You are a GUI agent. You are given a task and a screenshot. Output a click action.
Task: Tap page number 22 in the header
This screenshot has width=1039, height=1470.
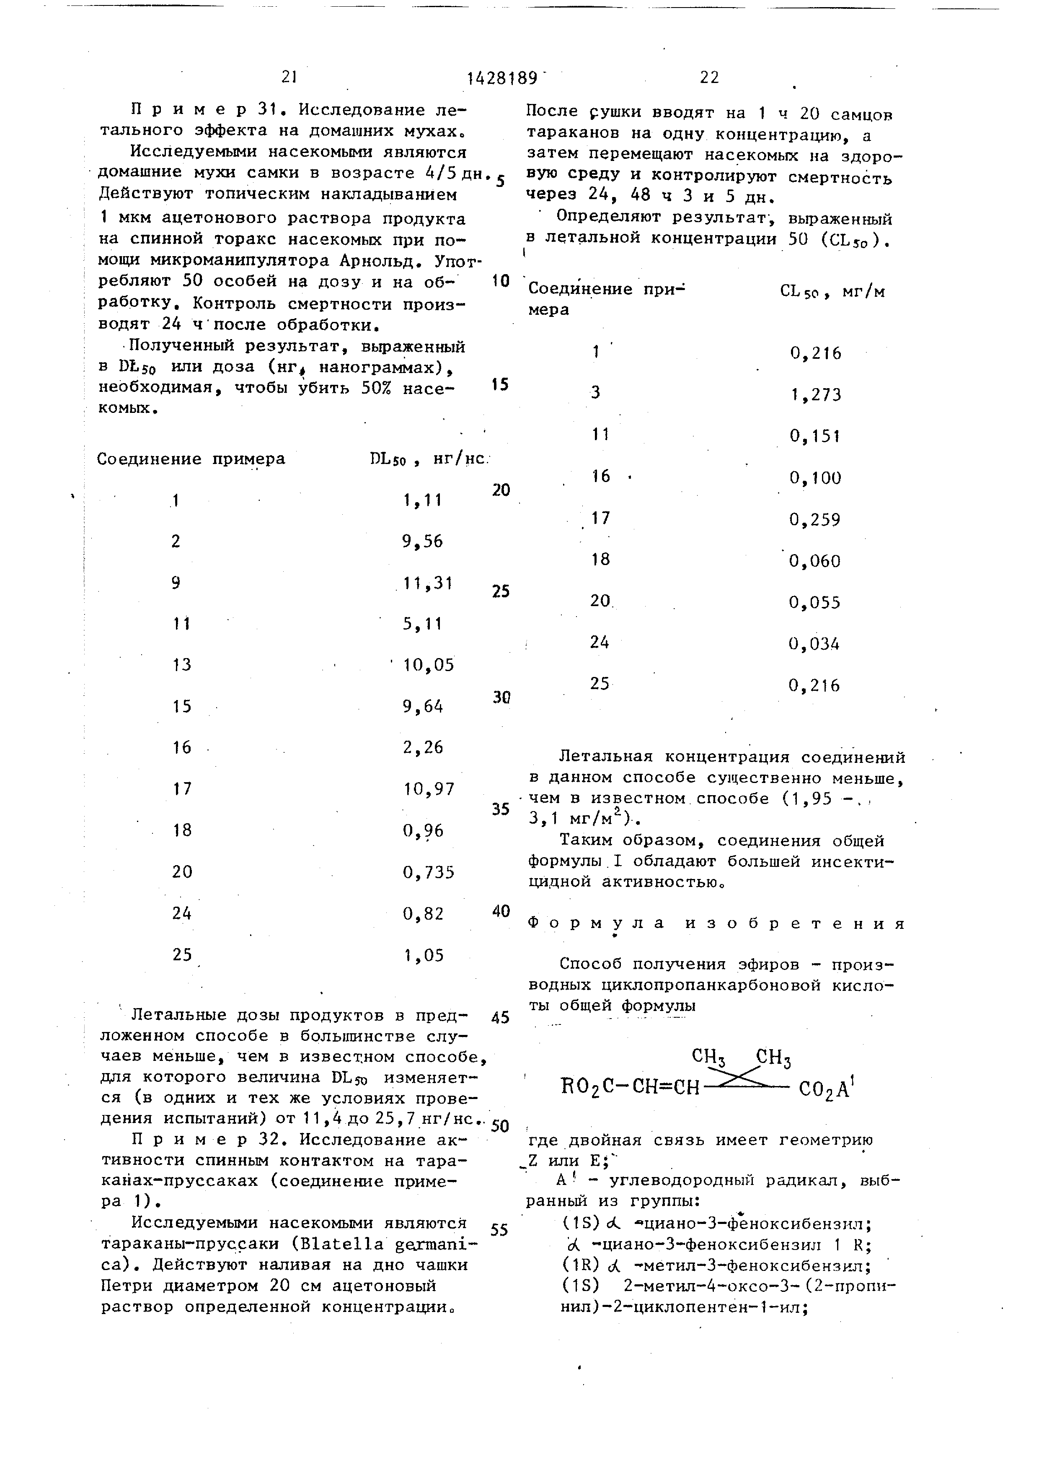(x=710, y=78)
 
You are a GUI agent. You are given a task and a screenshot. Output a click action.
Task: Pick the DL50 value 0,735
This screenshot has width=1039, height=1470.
(x=429, y=872)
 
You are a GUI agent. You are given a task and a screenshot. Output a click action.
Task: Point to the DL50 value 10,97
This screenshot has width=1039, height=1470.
(x=429, y=789)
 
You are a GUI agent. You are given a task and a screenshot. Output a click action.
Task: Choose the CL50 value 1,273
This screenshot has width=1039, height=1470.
(x=816, y=395)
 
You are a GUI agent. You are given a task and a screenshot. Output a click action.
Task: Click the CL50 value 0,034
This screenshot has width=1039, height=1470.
(x=814, y=643)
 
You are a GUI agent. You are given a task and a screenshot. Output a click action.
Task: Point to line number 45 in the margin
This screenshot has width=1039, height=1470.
(x=501, y=1017)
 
